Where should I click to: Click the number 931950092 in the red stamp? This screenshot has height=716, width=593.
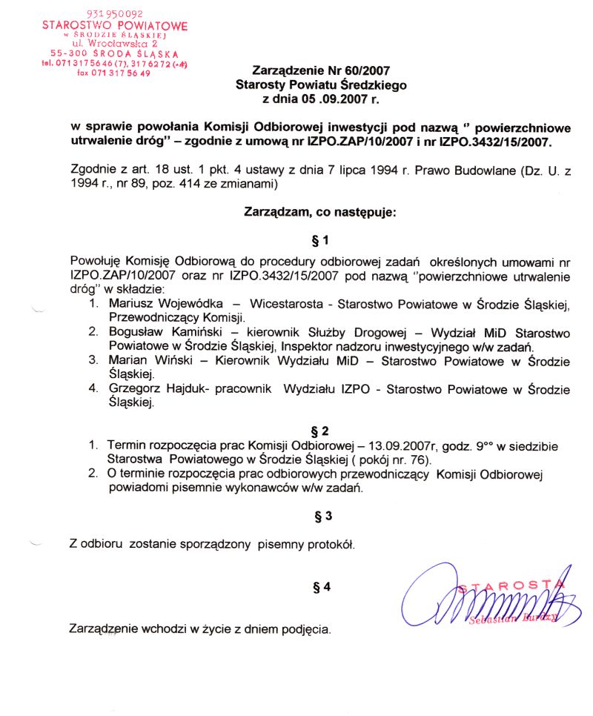pyautogui.click(x=114, y=14)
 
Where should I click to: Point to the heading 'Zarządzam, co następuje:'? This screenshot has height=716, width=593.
pyautogui.click(x=321, y=212)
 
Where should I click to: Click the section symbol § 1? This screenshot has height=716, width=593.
pyautogui.click(x=321, y=240)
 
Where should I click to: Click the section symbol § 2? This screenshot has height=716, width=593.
pyautogui.click(x=321, y=430)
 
